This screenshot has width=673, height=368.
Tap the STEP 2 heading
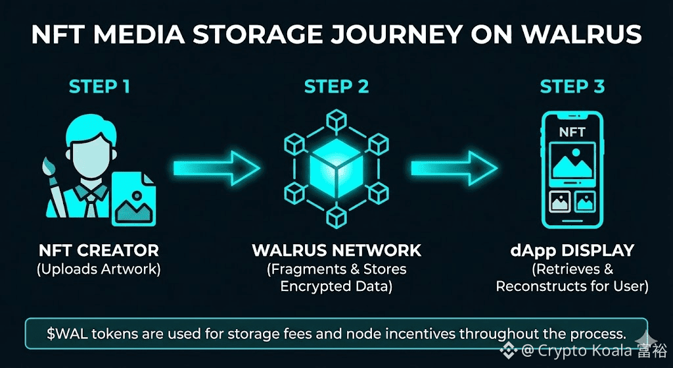click(x=336, y=87)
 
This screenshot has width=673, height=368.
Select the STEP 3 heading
click(x=572, y=87)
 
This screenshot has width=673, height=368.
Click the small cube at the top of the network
click(x=336, y=118)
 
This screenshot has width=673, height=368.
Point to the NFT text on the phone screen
click(x=572, y=132)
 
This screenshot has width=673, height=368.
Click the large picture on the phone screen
click(x=572, y=162)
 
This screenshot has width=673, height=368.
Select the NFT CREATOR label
click(x=99, y=251)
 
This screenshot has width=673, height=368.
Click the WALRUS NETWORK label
click(x=336, y=251)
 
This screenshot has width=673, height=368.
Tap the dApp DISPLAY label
click(x=572, y=251)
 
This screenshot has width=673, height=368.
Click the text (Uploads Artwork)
click(x=99, y=269)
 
